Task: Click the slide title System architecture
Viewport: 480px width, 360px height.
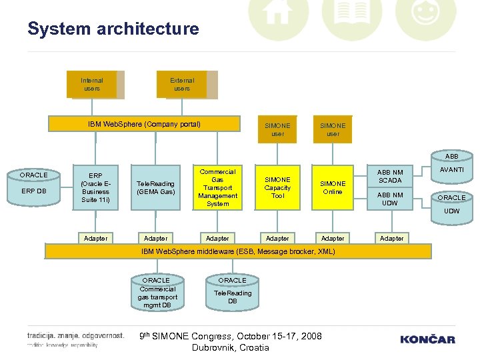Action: [113, 29]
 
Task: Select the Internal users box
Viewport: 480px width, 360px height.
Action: [93, 85]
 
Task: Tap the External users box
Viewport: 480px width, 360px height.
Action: [182, 85]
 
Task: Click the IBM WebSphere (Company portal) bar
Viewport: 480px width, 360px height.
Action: [145, 124]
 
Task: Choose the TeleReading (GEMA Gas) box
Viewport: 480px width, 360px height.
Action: [155, 187]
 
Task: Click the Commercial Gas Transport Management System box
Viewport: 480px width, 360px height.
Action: [217, 187]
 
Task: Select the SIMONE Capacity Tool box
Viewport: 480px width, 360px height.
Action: [277, 187]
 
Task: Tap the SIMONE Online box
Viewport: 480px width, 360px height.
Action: [333, 187]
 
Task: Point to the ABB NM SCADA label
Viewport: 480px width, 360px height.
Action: [391, 177]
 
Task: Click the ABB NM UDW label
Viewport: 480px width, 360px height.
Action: [391, 199]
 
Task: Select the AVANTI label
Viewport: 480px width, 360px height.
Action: [451, 170]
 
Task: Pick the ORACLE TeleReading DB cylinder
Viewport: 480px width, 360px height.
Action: [232, 292]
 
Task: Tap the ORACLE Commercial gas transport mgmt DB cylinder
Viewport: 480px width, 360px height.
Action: [157, 293]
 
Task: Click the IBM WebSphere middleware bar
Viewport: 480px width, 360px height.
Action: [238, 251]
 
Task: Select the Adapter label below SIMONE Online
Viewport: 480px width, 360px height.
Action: [333, 238]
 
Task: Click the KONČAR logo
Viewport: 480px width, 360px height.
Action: [427, 339]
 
